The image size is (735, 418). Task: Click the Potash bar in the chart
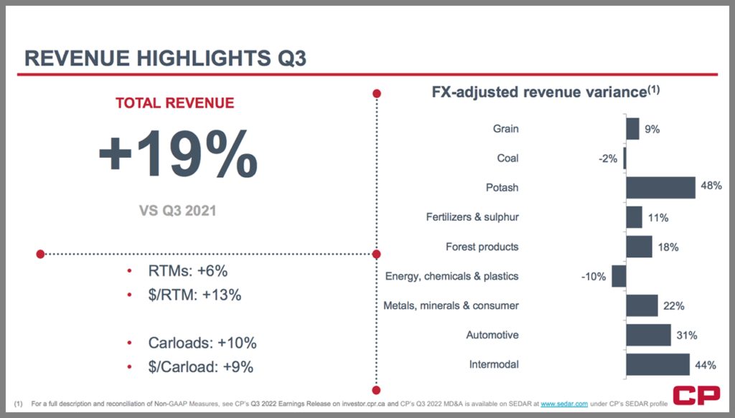[660, 188]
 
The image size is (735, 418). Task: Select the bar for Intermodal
[657, 364]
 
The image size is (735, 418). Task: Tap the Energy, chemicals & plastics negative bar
[619, 276]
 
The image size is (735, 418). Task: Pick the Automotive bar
[648, 335]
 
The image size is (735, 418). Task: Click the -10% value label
[594, 276]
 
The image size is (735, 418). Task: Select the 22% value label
[673, 305]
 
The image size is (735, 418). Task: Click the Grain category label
[505, 129]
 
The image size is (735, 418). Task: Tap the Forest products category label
[482, 247]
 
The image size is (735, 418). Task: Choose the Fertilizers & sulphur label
[472, 217]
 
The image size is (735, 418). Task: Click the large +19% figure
[177, 153]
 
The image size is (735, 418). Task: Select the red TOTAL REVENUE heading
[174, 103]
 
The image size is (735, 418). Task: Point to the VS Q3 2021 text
[177, 211]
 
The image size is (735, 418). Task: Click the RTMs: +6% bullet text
[188, 272]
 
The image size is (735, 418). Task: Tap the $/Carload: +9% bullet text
[201, 366]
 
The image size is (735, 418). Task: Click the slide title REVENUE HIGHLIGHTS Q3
[166, 58]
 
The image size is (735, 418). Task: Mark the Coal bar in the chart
[624, 158]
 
